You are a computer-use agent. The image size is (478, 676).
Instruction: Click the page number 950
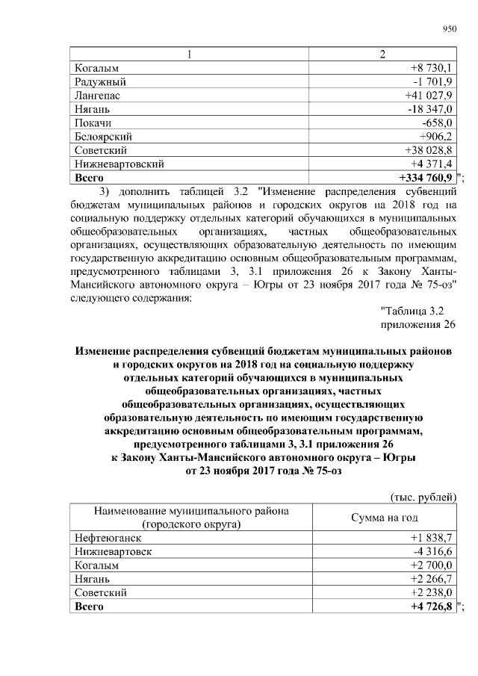448,29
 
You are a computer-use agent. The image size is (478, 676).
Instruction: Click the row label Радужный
100,82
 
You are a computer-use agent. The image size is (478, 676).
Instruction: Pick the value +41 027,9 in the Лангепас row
429,96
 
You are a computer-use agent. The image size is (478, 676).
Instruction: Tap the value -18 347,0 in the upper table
429,110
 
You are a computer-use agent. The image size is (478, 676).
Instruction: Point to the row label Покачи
93,123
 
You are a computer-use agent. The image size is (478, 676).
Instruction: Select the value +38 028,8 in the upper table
429,150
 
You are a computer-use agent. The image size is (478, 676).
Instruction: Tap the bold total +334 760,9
426,177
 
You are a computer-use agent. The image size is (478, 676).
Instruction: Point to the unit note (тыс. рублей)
423,497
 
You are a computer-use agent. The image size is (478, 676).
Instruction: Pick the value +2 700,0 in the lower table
432,565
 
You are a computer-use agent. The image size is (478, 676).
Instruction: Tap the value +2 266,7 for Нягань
432,579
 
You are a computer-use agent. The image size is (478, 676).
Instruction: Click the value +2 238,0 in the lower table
432,592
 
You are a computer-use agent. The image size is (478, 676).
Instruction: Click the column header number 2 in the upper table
383,55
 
